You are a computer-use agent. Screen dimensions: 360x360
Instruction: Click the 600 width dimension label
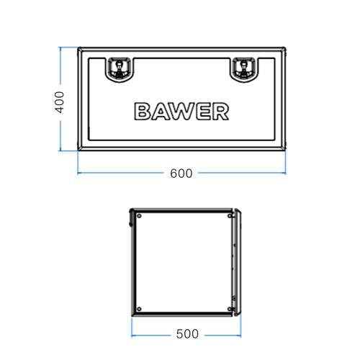point(181,174)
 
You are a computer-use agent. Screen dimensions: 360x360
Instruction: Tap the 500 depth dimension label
point(187,335)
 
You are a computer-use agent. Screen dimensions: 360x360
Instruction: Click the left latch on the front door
point(118,68)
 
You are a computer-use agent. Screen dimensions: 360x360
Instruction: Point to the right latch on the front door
point(244,68)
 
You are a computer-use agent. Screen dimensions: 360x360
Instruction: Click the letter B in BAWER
point(142,112)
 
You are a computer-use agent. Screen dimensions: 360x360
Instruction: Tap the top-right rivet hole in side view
point(229,215)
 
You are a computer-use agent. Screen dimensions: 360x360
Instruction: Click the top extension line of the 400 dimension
point(68,48)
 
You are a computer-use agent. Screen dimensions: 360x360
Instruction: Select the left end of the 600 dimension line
point(78,174)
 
